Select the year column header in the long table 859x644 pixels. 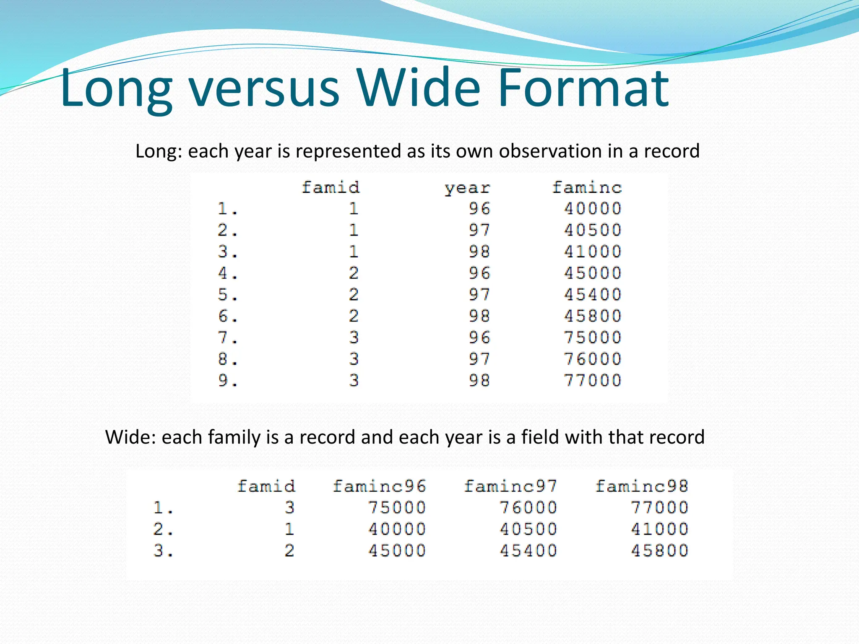pyautogui.click(x=467, y=188)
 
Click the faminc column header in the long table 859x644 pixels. pyautogui.click(x=587, y=187)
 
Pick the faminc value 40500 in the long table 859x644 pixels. pyautogui.click(x=592, y=230)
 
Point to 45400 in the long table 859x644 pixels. pyautogui.click(x=592, y=295)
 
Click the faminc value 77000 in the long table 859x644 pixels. pyautogui.click(x=592, y=381)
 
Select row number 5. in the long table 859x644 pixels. pyautogui.click(x=228, y=295)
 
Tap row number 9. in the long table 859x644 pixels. pyautogui.click(x=228, y=381)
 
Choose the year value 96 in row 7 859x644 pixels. pyautogui.click(x=479, y=338)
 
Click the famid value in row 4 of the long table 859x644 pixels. pyautogui.click(x=354, y=273)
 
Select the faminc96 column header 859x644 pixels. pyautogui.click(x=379, y=486)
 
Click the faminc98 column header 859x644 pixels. pyautogui.click(x=642, y=486)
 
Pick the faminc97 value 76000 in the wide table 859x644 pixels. pyautogui.click(x=528, y=508)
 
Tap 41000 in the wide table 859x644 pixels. pyautogui.click(x=659, y=529)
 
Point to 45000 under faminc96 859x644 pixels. pyautogui.click(x=397, y=551)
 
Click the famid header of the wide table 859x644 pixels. pyautogui.click(x=266, y=486)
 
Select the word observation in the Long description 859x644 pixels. pyautogui.click(x=550, y=151)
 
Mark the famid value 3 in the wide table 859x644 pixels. pyautogui.click(x=289, y=508)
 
